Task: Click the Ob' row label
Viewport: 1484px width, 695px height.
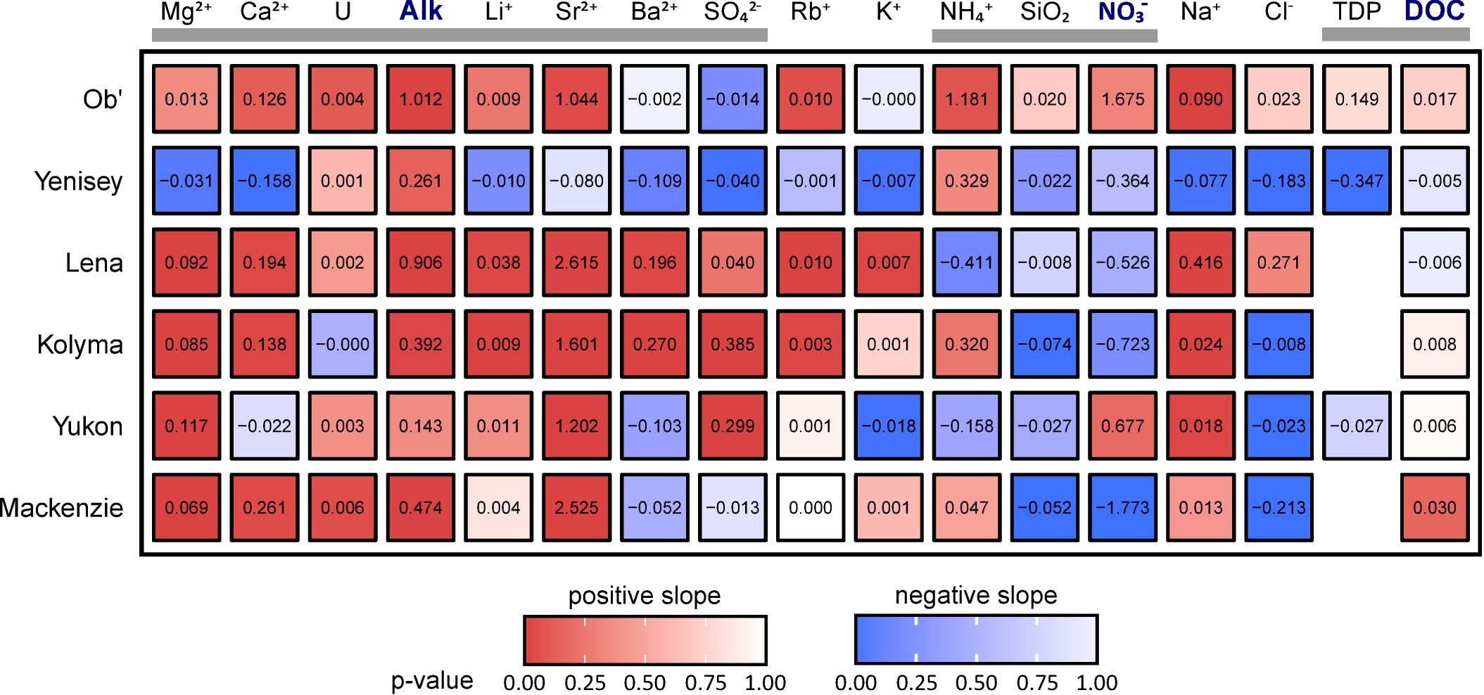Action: coord(103,99)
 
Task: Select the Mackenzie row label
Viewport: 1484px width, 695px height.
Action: coord(62,508)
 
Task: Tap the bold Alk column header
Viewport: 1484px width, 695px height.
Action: coord(421,12)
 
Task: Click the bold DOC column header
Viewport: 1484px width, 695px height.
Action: coord(1434,12)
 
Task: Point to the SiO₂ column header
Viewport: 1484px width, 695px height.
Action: coord(1044,12)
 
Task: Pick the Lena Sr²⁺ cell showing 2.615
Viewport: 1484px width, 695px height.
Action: coord(576,262)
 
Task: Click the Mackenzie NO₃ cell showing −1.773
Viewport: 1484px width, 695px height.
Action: coord(1122,508)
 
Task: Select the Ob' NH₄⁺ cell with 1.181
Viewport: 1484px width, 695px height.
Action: coord(966,99)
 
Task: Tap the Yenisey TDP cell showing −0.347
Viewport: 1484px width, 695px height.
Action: coord(1357,181)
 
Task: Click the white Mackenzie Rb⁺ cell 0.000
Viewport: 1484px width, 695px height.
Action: coord(810,508)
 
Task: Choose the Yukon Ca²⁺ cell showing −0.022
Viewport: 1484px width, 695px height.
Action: coord(265,426)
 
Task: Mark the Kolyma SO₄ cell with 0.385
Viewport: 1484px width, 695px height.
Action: coord(733,344)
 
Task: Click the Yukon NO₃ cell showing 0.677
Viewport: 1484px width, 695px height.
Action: coord(1122,426)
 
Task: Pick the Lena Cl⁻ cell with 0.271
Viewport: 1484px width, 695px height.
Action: coord(1279,262)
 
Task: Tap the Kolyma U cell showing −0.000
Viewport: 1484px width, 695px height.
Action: coord(343,344)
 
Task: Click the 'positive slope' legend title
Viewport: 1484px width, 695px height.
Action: coord(645,596)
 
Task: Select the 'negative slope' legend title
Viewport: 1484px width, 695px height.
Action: coord(976,595)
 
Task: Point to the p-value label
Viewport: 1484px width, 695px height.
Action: coord(431,680)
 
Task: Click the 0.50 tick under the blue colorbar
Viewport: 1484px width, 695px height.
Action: coord(976,682)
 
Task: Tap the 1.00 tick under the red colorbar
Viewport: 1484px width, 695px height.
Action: coord(766,682)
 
